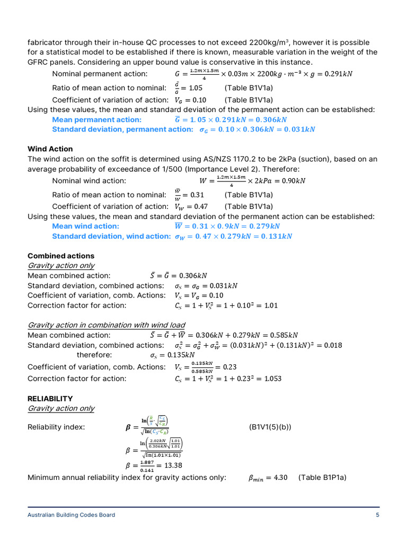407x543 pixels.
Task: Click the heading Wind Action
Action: [x=50, y=149]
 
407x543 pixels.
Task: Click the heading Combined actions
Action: [x=60, y=256]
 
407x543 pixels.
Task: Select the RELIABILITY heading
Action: [x=50, y=398]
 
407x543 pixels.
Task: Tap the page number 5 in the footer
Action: [x=377, y=515]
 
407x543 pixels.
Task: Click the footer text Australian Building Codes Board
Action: [x=71, y=515]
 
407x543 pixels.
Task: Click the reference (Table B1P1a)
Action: [x=322, y=477]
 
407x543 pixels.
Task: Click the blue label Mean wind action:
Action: [x=85, y=226]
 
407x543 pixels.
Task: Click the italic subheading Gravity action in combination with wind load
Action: [x=106, y=325]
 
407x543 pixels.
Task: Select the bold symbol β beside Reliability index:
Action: [x=120, y=427]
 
